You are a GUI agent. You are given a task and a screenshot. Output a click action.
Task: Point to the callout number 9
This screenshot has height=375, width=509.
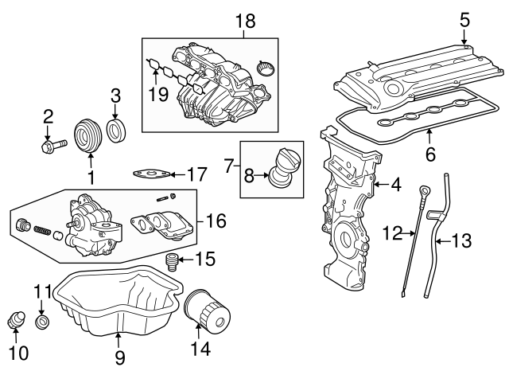(x=119, y=357)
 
